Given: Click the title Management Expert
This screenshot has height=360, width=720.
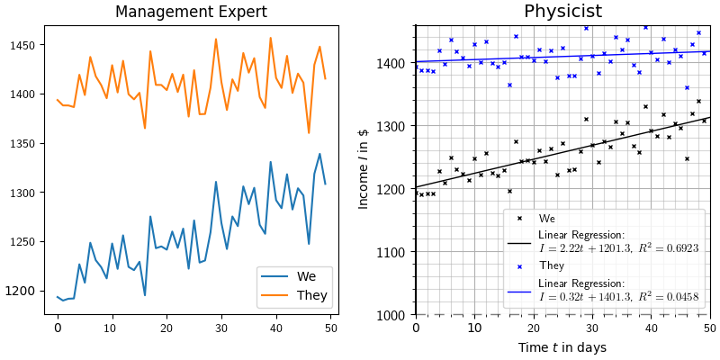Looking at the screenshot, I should click(x=191, y=13).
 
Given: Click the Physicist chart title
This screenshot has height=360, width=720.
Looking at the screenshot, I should click(x=562, y=12).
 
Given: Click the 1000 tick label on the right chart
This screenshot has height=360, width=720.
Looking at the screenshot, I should click(x=392, y=316).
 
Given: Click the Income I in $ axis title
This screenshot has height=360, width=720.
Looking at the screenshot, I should click(x=364, y=168).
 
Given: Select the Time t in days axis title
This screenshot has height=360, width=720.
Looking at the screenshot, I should click(x=562, y=347).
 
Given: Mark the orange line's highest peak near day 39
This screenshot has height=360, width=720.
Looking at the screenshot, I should click(x=270, y=38).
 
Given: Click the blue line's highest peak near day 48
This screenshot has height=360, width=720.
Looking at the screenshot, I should click(x=319, y=154).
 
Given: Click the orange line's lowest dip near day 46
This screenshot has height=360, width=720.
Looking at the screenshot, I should click(x=309, y=133).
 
